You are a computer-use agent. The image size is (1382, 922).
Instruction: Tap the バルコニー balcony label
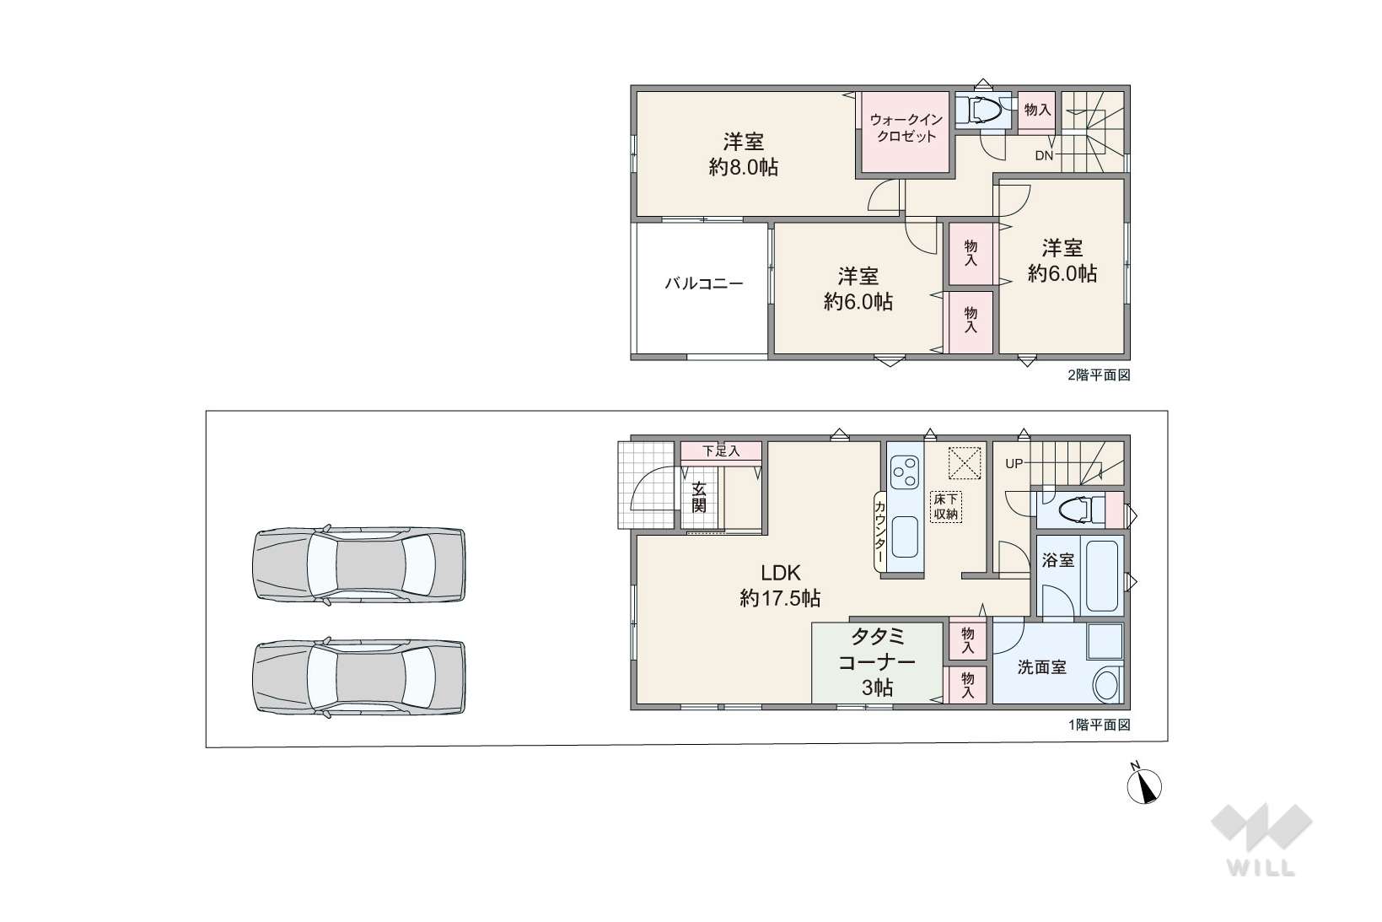point(704,284)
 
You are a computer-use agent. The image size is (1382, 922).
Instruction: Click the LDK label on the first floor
point(781,573)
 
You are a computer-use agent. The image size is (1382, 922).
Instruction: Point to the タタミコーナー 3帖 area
point(877,662)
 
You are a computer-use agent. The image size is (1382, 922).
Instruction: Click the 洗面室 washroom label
point(1042,667)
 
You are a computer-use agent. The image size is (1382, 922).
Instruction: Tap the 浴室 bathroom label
point(1058,560)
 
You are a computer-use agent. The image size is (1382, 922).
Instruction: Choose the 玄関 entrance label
point(699,498)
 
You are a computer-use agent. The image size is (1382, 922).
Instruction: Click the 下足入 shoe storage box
point(721,451)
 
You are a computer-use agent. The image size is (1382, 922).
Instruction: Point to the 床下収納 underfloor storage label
point(946,507)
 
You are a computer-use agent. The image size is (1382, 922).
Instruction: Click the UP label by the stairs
point(1014,463)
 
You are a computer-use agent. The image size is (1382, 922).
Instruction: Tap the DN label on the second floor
point(1044,156)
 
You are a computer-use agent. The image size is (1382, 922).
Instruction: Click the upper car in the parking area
point(359,564)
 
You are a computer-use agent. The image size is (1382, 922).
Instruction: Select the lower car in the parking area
point(359,677)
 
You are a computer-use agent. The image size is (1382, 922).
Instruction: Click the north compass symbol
point(1144,785)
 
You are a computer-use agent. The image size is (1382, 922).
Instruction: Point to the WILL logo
point(1261,839)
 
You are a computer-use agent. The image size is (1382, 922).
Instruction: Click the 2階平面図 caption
point(1099,375)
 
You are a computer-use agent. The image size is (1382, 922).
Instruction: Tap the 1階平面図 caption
point(1099,725)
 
